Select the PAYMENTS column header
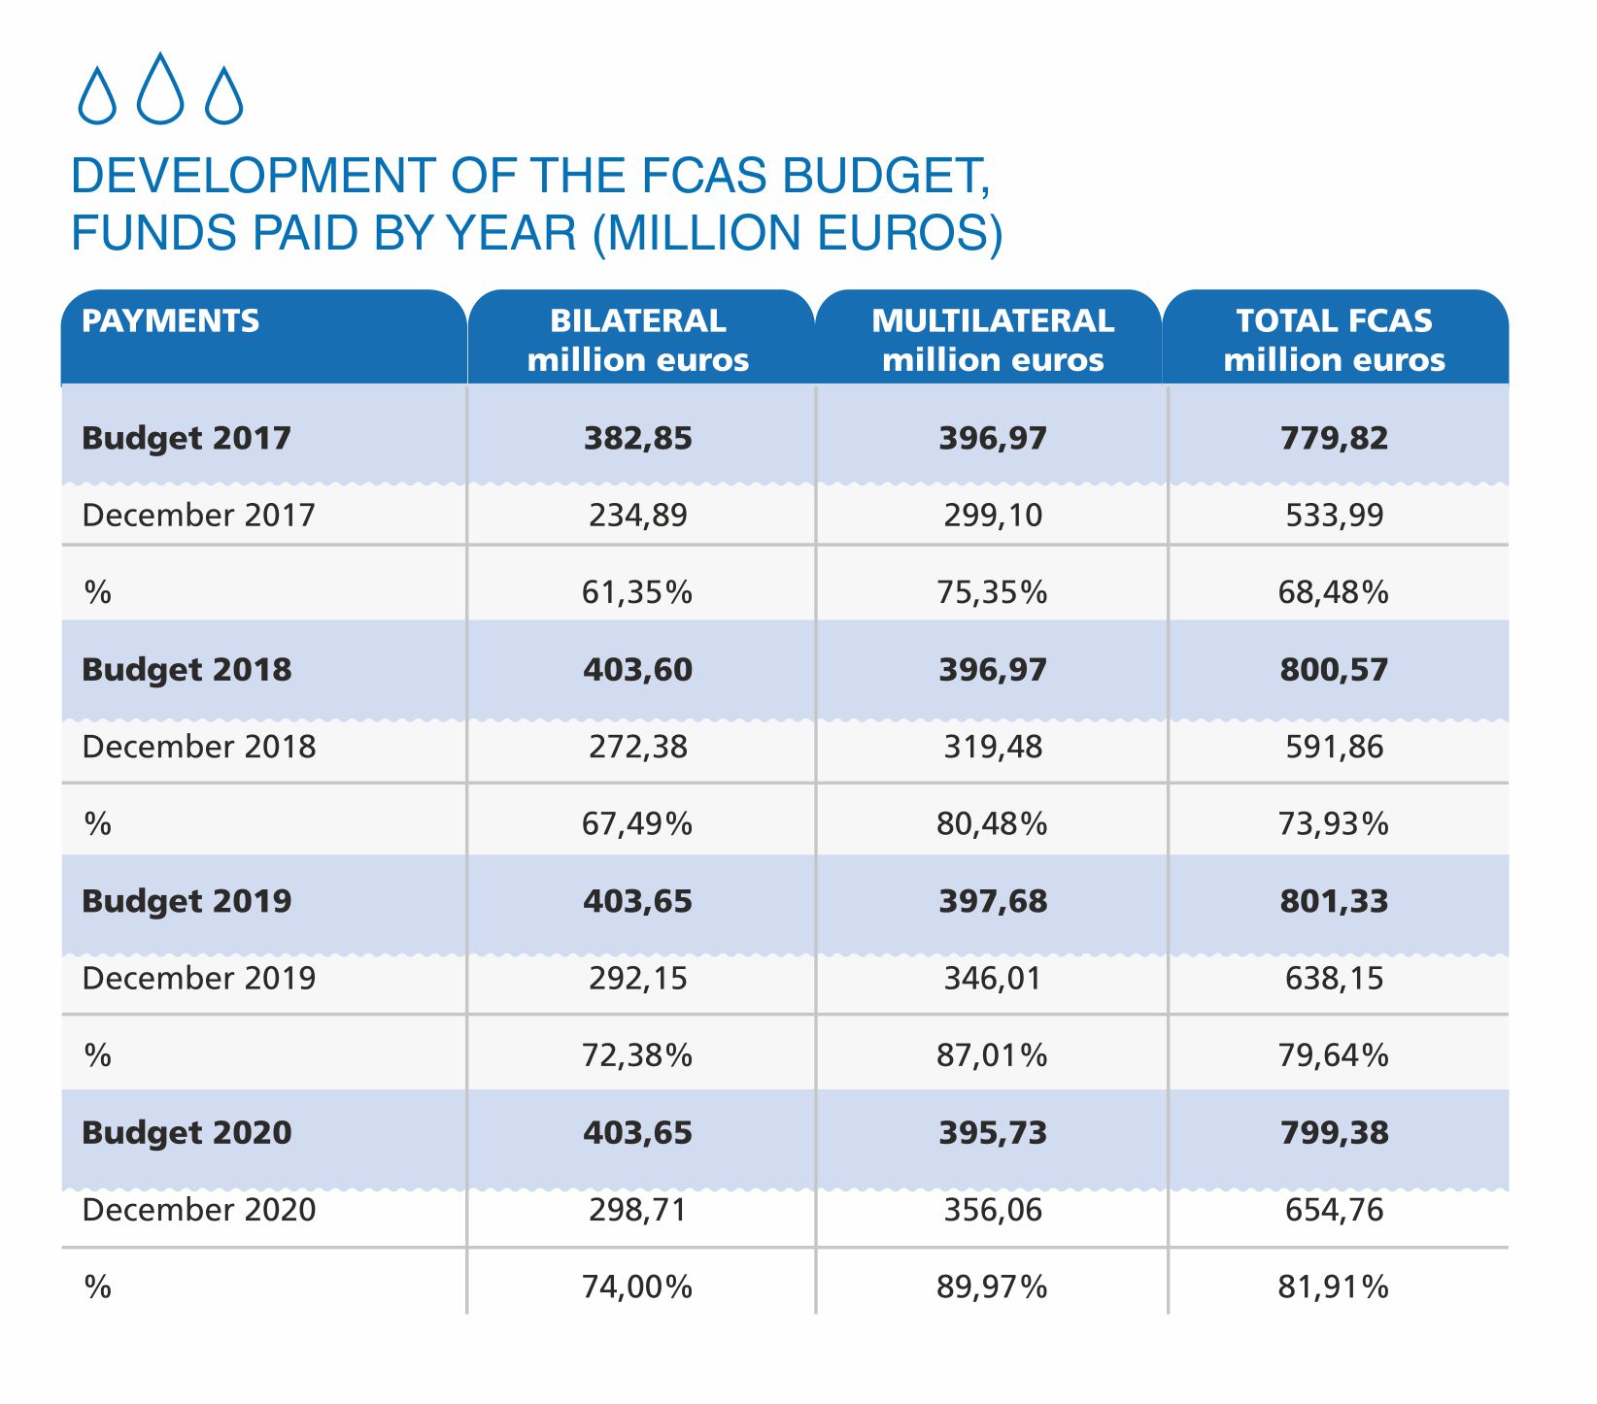171,320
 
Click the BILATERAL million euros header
638,340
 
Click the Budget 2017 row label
187,438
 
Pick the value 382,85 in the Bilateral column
638,438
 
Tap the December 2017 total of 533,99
1334,515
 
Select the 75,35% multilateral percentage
993,591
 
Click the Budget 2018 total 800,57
1334,670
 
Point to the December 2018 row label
199,747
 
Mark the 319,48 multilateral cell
993,747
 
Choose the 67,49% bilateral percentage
638,823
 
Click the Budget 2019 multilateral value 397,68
993,901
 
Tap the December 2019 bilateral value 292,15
638,978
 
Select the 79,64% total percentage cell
1334,1054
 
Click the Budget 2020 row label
187,1133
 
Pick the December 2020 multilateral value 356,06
993,1210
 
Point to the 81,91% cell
1334,1287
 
